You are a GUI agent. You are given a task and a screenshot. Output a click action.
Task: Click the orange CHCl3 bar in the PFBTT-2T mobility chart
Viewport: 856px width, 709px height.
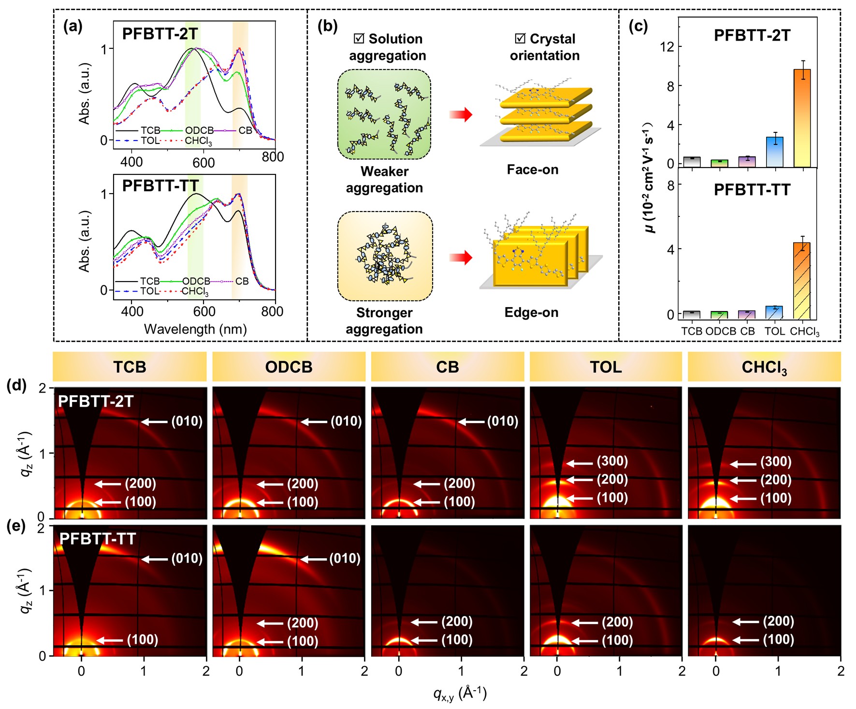coord(802,118)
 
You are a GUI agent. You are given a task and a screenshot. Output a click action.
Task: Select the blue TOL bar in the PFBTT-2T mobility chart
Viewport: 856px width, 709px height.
coord(775,152)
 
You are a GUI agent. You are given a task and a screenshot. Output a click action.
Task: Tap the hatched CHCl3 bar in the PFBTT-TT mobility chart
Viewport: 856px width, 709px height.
coord(802,281)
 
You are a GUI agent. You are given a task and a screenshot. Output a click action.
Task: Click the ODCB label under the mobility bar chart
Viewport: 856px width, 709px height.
coord(721,331)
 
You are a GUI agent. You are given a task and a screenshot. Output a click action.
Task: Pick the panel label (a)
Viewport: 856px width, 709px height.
coord(73,27)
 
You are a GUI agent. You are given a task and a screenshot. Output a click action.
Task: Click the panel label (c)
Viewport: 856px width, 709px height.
coord(638,27)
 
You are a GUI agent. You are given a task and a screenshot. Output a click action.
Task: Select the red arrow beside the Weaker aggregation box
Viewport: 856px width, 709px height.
coord(460,115)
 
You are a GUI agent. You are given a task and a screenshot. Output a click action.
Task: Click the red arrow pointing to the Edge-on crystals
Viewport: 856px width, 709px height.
coord(460,257)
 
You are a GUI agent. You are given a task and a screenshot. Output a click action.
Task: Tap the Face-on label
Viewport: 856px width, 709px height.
coord(532,170)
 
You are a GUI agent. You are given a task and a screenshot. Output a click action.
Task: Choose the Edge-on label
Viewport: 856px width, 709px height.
coord(531,312)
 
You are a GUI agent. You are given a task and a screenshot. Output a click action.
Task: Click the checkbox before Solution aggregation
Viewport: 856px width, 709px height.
coord(359,39)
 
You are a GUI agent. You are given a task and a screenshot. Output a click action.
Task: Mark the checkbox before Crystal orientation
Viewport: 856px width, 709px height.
coord(520,39)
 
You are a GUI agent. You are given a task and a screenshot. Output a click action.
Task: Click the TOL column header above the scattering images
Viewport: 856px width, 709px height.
coord(606,367)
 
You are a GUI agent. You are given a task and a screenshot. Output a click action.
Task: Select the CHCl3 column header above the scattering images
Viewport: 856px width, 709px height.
coord(764,368)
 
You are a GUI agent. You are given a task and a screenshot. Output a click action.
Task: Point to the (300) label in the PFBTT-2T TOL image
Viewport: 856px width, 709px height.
coord(612,461)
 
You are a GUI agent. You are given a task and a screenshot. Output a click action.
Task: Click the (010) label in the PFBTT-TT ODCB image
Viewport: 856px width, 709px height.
coord(345,559)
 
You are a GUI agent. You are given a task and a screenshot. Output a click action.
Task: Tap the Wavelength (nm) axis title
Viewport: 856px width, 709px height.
coord(195,329)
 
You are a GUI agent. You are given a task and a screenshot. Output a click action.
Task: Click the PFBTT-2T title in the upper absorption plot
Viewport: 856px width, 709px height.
coord(160,34)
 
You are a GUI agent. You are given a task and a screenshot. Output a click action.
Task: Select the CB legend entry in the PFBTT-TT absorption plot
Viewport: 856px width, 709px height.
coord(242,281)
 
